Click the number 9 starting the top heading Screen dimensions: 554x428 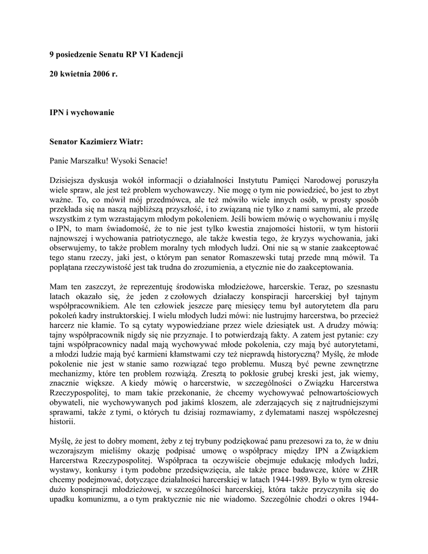click(x=52, y=55)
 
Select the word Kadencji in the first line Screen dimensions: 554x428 click(x=165, y=55)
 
